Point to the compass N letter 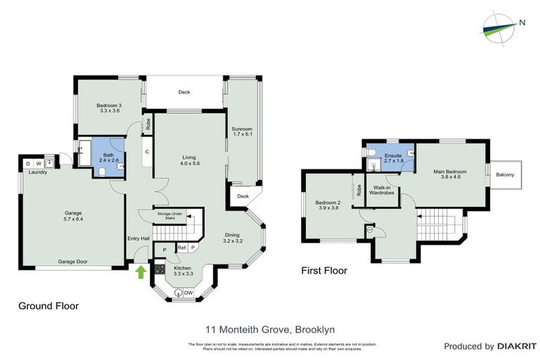(522, 22)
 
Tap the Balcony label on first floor (505, 174)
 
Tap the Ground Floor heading (48, 306)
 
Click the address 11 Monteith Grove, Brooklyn (269, 328)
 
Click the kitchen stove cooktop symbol (160, 268)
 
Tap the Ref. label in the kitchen (181, 247)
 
